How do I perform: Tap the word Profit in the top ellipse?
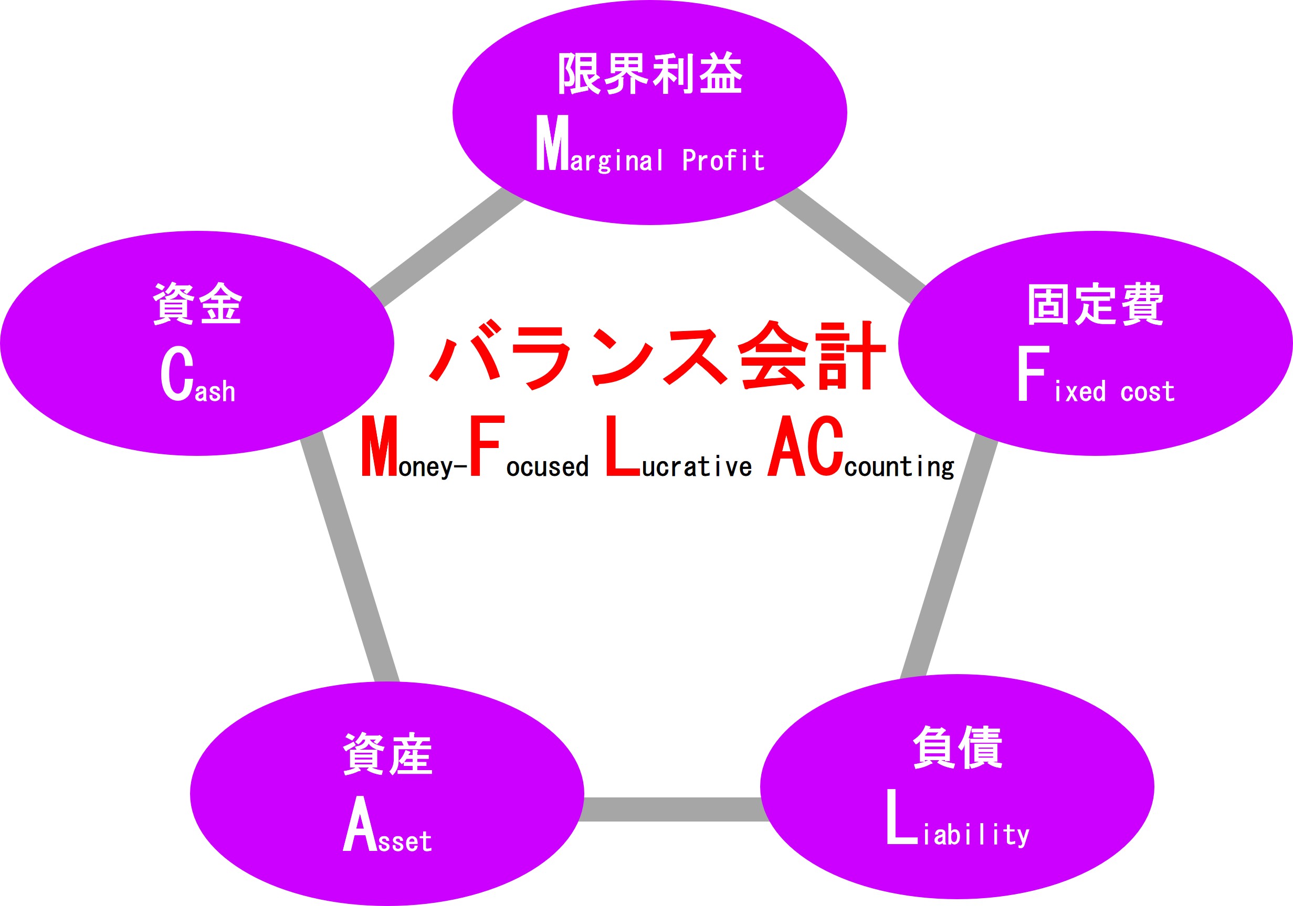[x=723, y=161]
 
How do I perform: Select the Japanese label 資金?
[x=197, y=303]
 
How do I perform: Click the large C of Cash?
[x=177, y=373]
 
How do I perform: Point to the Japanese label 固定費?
[x=1095, y=304]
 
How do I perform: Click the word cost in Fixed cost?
[x=1147, y=392]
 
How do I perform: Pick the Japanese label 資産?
[x=387, y=754]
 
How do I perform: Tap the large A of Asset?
[x=360, y=823]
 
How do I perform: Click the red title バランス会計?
[x=657, y=356]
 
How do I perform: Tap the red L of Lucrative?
[x=624, y=446]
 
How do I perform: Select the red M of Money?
[x=379, y=446]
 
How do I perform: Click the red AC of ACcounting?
[x=805, y=446]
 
